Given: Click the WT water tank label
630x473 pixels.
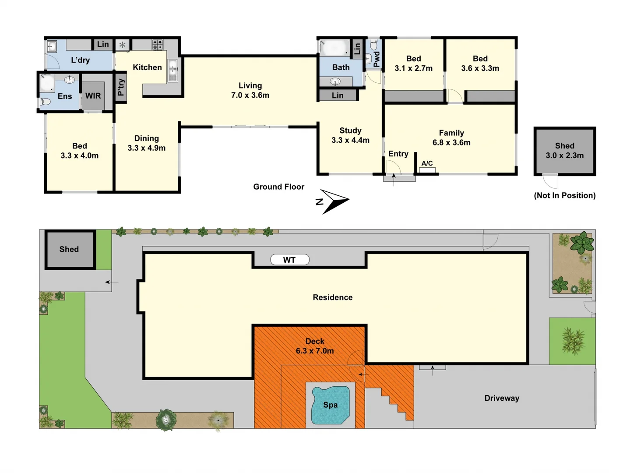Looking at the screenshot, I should point(289,260).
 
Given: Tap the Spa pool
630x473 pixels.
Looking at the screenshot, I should point(331,405).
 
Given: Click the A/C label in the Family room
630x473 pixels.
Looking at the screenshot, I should point(427,163).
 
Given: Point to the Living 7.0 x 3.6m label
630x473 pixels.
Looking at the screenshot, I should point(250,90).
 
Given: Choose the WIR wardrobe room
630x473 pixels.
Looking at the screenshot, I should point(93,96).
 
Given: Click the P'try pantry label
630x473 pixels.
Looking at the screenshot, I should point(121,87).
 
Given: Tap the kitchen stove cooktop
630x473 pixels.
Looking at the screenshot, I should point(157,44).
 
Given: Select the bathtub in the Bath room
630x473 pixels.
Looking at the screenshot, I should point(334,47).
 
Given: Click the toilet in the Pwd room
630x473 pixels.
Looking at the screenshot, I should point(374,45).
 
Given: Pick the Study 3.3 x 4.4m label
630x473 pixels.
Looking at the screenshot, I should point(350,135).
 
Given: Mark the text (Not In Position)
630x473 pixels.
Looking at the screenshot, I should point(564,195).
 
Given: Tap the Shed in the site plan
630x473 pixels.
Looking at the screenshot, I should point(70,249).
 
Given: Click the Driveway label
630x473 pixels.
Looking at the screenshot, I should point(502,398).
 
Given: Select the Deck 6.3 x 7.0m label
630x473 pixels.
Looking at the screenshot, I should point(315,346).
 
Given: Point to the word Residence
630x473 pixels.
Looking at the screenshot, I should point(333,297).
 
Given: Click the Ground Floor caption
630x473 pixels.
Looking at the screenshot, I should point(278,187).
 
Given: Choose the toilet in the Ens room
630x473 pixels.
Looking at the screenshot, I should point(45,102).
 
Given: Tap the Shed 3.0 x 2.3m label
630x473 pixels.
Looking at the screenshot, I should point(564,151).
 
